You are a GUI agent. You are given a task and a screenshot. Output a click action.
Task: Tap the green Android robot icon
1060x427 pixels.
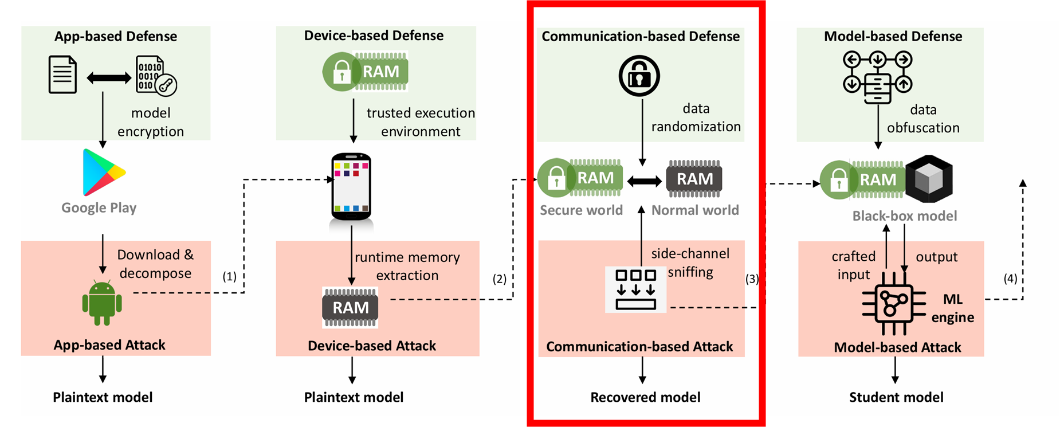pyautogui.click(x=102, y=303)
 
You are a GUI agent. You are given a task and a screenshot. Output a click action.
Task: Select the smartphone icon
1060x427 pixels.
pyautogui.click(x=351, y=186)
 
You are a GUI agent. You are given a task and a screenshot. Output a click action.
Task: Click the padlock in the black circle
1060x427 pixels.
pyautogui.click(x=639, y=76)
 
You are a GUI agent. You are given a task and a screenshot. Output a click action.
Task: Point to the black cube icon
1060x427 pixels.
pyautogui.click(x=929, y=179)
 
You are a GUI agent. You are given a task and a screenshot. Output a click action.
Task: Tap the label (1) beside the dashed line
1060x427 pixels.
pyautogui.click(x=229, y=277)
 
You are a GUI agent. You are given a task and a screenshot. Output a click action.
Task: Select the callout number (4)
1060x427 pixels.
pyautogui.click(x=1010, y=279)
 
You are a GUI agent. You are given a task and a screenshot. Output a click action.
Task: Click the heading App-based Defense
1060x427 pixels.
pyautogui.click(x=115, y=36)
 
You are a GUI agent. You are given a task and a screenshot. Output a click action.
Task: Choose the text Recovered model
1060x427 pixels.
pyautogui.click(x=645, y=397)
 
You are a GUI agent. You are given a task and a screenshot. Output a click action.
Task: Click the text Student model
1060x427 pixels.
pyautogui.click(x=896, y=397)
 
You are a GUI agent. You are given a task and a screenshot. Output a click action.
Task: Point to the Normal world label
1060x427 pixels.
pyautogui.click(x=695, y=210)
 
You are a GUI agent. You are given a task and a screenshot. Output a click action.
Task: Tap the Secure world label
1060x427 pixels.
pyautogui.click(x=581, y=210)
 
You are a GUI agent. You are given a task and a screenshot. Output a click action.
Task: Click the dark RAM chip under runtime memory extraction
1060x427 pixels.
pyautogui.click(x=350, y=308)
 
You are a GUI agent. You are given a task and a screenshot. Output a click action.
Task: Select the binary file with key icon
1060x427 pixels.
pyautogui.click(x=155, y=76)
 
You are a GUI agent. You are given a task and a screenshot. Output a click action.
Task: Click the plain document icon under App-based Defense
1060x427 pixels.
pyautogui.click(x=62, y=75)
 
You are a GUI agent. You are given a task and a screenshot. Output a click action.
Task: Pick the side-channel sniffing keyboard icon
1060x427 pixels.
pyautogui.click(x=635, y=289)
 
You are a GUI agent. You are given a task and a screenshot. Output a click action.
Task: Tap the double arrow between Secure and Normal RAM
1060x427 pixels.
pyautogui.click(x=645, y=182)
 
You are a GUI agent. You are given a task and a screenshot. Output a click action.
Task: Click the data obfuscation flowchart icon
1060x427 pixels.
pyautogui.click(x=877, y=77)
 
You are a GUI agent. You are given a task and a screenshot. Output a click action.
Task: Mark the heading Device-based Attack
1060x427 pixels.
pyautogui.click(x=372, y=346)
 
